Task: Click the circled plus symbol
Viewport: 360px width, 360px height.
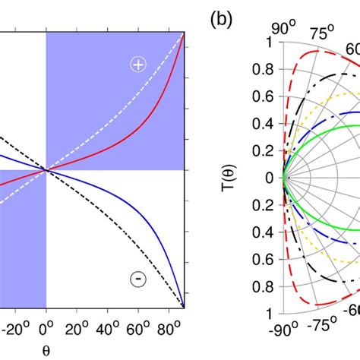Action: click(x=137, y=65)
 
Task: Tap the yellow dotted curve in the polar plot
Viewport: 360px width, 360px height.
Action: click(x=334, y=109)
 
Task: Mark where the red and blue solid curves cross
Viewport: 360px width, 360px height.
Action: click(x=46, y=169)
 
